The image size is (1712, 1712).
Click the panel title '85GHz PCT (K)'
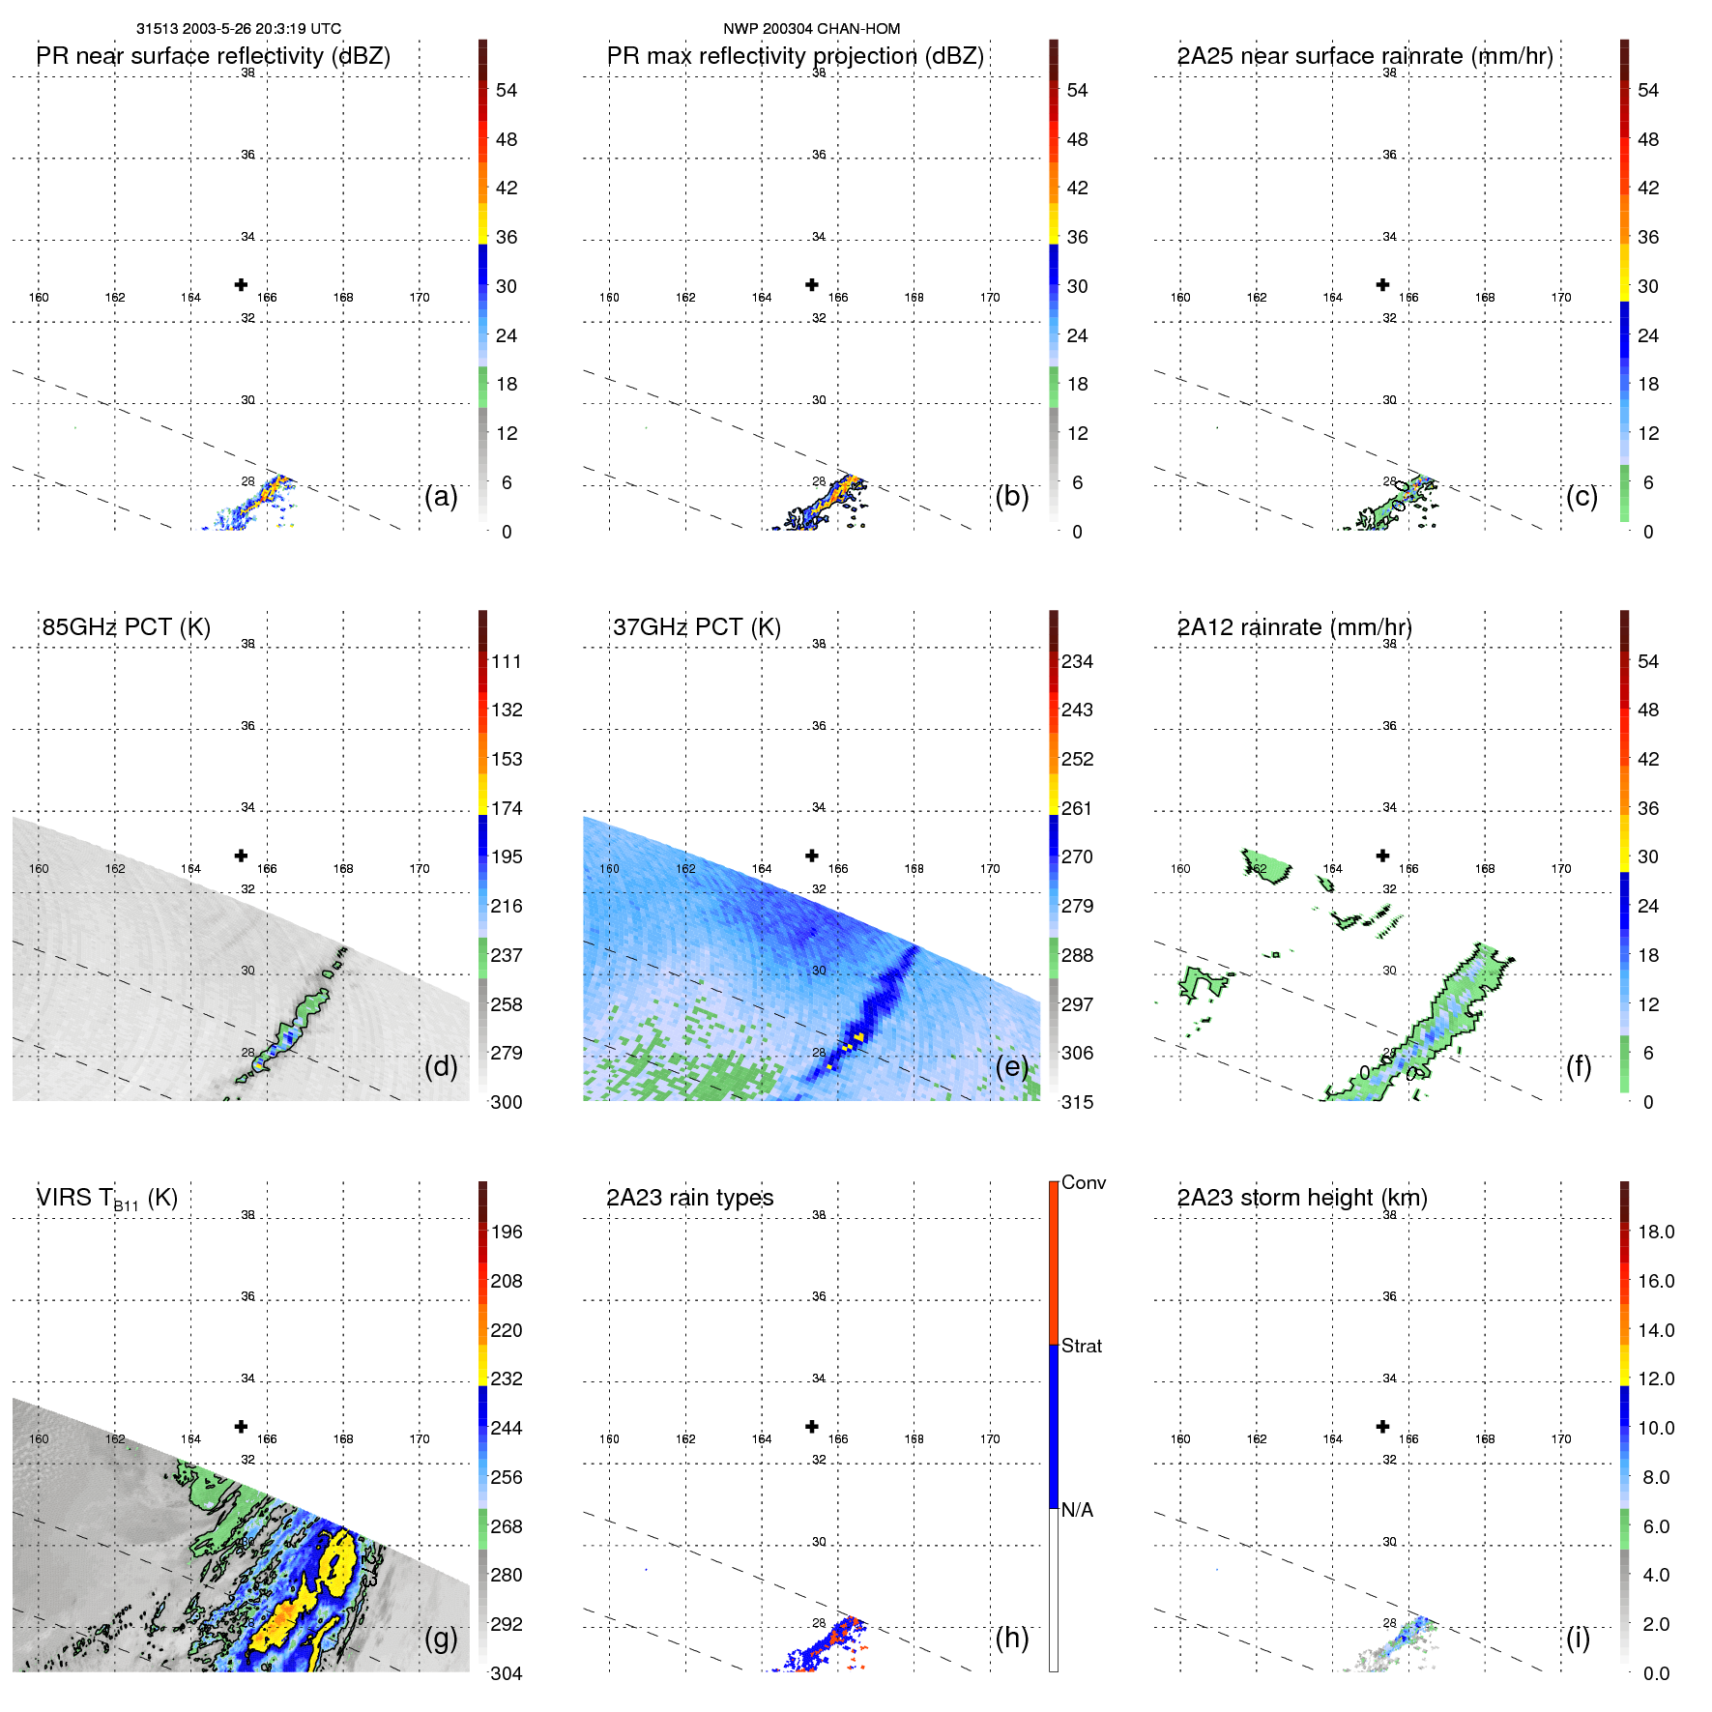(x=126, y=626)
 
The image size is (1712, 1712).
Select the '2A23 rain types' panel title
(x=689, y=1198)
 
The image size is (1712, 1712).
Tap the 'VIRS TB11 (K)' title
(x=106, y=1199)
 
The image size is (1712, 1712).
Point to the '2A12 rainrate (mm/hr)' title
(x=1293, y=626)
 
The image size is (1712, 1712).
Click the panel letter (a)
(x=440, y=496)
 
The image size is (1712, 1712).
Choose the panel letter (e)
(x=1011, y=1066)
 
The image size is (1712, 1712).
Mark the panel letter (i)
(x=1578, y=1638)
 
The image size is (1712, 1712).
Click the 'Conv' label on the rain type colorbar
(x=1083, y=1182)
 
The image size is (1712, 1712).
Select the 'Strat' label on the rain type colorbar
(x=1081, y=1346)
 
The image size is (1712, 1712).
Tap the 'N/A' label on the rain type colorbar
(x=1077, y=1510)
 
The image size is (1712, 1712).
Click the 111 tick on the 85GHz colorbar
(x=506, y=661)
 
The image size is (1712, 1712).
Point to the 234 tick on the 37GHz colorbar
(x=1077, y=661)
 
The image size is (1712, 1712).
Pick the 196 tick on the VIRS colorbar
(x=506, y=1232)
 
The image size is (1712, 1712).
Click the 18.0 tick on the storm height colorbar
(x=1655, y=1232)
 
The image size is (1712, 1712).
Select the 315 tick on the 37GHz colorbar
(x=1077, y=1102)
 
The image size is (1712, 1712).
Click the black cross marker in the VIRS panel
(x=241, y=1427)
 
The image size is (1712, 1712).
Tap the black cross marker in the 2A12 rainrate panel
(x=1382, y=856)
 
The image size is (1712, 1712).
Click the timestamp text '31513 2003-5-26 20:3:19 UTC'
(x=238, y=29)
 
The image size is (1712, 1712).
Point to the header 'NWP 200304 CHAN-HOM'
(x=811, y=29)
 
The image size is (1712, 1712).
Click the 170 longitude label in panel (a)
(x=419, y=298)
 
